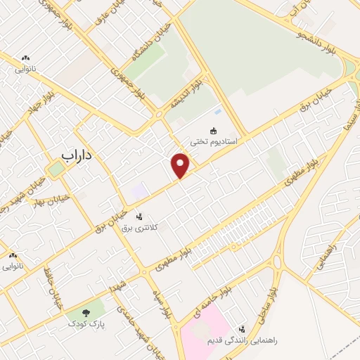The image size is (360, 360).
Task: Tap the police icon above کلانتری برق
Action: click(x=139, y=217)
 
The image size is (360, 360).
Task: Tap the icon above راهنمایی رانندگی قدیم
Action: click(x=242, y=328)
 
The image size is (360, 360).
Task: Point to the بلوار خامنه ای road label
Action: click(x=205, y=302)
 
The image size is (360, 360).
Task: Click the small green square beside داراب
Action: click(x=56, y=169)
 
